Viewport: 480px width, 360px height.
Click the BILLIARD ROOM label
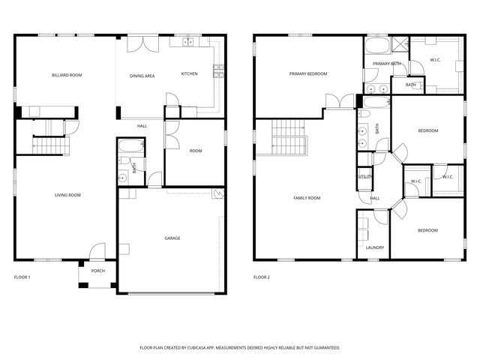pyautogui.click(x=67, y=75)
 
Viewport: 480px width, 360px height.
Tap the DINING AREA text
pyautogui.click(x=142, y=76)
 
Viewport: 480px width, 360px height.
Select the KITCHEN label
pyautogui.click(x=190, y=73)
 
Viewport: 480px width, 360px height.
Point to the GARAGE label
pyautogui.click(x=172, y=238)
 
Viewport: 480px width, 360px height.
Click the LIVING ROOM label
pyautogui.click(x=67, y=195)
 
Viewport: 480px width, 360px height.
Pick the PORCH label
pyautogui.click(x=98, y=271)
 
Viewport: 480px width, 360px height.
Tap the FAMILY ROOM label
pyautogui.click(x=306, y=198)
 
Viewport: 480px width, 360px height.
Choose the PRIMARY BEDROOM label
pyautogui.click(x=309, y=73)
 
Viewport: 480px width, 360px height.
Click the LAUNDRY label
pyautogui.click(x=375, y=247)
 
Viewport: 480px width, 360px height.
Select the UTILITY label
pyautogui.click(x=365, y=176)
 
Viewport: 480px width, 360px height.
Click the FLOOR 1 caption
pyautogui.click(x=22, y=277)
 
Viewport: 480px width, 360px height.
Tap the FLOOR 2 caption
pyautogui.click(x=261, y=277)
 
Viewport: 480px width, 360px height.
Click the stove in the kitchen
pyautogui.click(x=218, y=72)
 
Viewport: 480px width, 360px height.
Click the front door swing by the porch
pyautogui.click(x=98, y=253)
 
